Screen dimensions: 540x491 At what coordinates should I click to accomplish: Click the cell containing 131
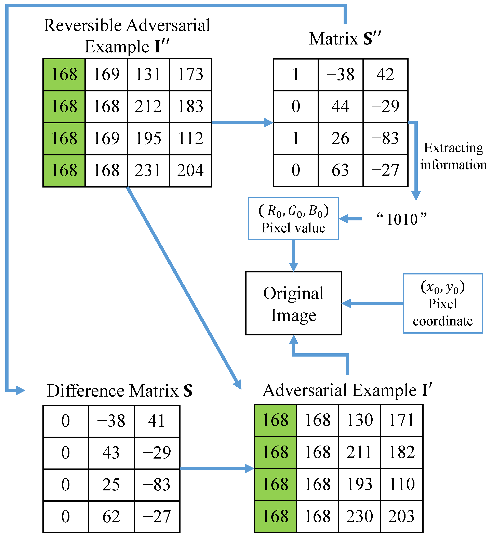point(148,75)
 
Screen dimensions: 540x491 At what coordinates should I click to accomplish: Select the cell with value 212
point(148,106)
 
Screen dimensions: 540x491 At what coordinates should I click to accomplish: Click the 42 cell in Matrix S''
point(385,75)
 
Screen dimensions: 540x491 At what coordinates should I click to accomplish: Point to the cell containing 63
point(340,170)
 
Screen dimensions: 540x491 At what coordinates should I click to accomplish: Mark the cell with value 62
point(111,517)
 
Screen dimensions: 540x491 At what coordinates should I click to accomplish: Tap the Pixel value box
point(293,219)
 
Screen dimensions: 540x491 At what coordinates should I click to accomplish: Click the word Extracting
point(453,148)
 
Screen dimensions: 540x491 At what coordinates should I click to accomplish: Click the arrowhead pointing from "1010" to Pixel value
point(344,219)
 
